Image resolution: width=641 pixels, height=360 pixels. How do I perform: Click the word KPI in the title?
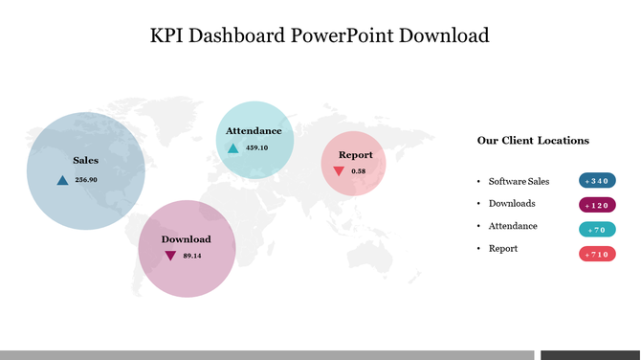168,36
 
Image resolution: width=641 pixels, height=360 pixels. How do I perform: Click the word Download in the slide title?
444,36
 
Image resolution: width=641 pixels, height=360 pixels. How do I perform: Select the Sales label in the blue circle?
86,161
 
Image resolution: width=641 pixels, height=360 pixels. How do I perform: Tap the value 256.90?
86,180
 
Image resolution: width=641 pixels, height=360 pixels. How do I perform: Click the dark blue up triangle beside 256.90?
62,180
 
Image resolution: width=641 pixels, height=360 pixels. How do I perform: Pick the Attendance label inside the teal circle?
254,130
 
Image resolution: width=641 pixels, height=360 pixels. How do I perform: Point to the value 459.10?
256,147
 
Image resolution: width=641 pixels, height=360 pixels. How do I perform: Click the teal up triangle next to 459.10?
233,148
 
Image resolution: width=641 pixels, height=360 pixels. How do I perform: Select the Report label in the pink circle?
355,154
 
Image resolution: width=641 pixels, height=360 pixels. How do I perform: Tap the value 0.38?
359,171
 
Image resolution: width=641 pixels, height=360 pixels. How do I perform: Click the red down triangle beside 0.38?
339,171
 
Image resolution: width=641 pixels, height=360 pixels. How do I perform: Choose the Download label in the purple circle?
186,238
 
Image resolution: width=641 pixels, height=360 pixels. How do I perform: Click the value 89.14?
192,256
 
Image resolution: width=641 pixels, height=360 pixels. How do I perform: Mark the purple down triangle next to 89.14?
170,256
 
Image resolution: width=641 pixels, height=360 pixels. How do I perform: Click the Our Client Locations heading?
533,140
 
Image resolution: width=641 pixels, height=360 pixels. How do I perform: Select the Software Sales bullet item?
519,181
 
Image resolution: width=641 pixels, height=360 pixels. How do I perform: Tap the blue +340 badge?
597,181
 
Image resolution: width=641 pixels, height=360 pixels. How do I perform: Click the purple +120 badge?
597,205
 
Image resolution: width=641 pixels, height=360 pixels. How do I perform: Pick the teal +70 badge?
597,230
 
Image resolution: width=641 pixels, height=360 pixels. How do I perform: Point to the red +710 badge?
597,254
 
